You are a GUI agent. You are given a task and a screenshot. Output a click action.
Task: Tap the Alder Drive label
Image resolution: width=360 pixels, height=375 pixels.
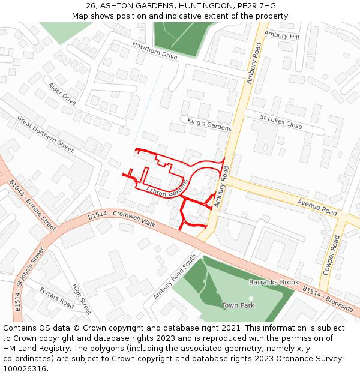(x=62, y=94)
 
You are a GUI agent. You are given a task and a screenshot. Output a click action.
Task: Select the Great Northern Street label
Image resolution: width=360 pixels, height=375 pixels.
(x=45, y=133)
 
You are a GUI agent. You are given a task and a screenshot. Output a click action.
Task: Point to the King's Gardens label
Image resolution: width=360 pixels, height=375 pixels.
(x=209, y=125)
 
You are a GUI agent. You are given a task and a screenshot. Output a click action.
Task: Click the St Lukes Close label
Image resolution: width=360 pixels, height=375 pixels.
(x=281, y=121)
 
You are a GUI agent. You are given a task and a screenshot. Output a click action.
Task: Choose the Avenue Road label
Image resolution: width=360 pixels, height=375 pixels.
(x=317, y=208)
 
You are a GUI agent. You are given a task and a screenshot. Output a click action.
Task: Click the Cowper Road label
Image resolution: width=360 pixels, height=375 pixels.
(x=331, y=255)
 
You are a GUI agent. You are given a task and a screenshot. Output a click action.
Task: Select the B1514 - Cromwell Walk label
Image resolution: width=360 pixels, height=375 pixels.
(x=121, y=220)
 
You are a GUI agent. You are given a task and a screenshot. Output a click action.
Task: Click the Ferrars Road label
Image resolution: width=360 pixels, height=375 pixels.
(x=57, y=298)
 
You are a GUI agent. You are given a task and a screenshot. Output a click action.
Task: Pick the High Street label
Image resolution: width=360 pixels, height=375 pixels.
(x=82, y=299)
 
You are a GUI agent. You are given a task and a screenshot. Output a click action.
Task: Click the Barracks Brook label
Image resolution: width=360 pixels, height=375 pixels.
(x=274, y=282)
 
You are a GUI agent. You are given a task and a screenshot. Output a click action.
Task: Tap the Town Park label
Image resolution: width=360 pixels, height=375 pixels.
(x=238, y=305)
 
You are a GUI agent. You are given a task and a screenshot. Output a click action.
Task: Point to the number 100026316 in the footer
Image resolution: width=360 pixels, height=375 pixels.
(x=26, y=368)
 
